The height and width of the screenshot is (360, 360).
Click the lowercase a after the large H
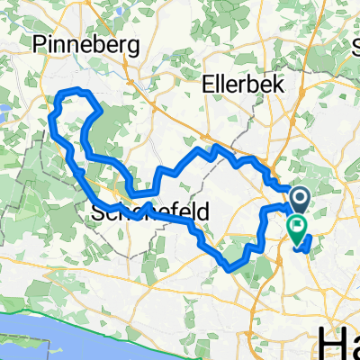click(x=353, y=346)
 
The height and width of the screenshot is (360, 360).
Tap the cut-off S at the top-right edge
click(x=355, y=45)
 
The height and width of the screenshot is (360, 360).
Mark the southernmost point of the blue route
click(x=232, y=267)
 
